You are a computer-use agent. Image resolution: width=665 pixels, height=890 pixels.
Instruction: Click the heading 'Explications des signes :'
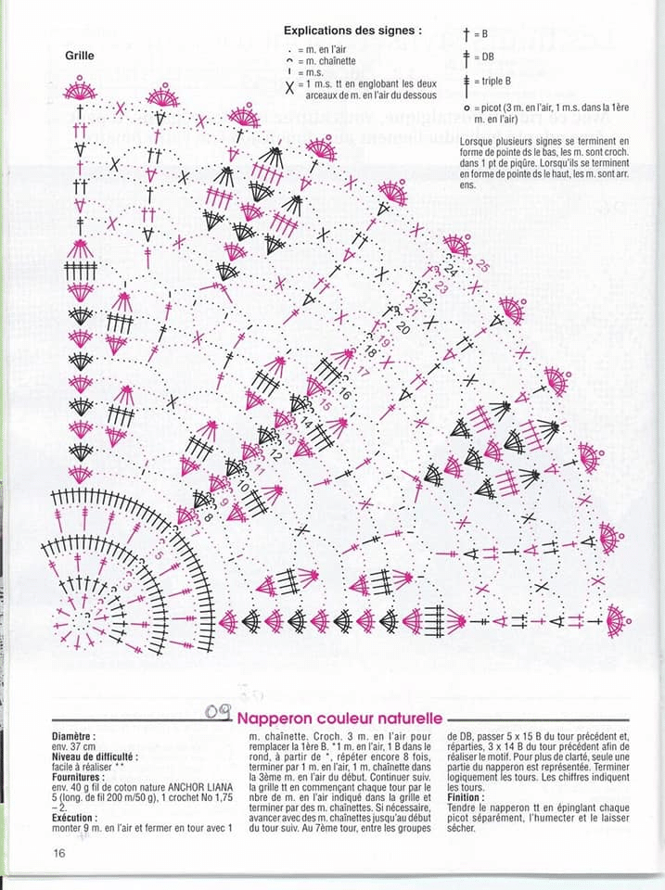[352, 31]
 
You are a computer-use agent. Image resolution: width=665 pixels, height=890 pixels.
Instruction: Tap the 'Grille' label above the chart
[80, 55]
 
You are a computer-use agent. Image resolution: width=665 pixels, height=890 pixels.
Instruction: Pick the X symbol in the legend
[290, 88]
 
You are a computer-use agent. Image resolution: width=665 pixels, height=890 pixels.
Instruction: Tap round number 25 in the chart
[482, 266]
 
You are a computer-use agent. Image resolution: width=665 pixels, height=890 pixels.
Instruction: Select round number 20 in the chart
[403, 328]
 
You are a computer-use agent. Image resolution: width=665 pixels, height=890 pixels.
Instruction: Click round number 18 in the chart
[372, 352]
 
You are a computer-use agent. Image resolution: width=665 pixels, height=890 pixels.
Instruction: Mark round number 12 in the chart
[275, 456]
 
